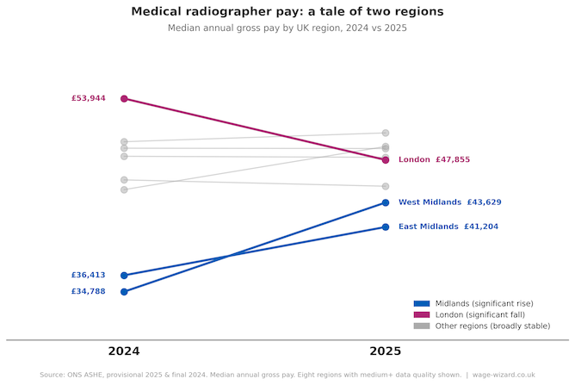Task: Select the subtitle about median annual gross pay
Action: tap(287, 28)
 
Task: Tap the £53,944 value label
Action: tap(89, 98)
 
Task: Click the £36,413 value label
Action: tap(89, 276)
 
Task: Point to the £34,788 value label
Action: tap(89, 292)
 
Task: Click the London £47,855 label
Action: tap(434, 160)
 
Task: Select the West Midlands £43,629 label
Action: tap(449, 202)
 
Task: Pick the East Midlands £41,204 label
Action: tap(448, 227)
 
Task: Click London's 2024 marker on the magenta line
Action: tap(124, 99)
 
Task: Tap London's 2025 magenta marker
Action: tap(386, 160)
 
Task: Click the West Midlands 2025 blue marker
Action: tap(386, 202)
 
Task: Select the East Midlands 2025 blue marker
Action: tap(386, 227)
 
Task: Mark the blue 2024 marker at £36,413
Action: tap(124, 276)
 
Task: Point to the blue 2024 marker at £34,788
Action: tap(124, 292)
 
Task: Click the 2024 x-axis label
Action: tap(124, 351)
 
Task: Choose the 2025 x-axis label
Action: tap(386, 351)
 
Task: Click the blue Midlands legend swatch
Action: tap(421, 304)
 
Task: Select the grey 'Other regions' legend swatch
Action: tap(421, 326)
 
